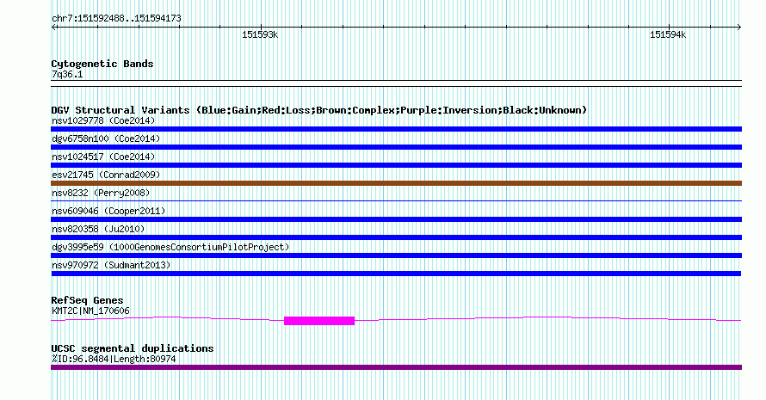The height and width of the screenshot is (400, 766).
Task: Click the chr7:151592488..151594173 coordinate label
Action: point(116,19)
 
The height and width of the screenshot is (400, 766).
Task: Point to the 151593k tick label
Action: point(260,34)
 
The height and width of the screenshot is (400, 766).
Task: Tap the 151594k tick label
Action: point(668,34)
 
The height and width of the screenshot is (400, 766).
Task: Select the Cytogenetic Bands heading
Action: point(102,64)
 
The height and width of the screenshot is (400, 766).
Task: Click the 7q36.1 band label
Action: point(67,74)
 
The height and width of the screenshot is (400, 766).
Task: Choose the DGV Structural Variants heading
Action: point(319,110)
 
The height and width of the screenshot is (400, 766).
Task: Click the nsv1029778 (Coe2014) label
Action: point(103,120)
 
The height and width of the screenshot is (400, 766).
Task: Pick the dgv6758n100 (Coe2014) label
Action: point(106,138)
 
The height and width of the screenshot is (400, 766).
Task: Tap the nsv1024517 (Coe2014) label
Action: point(103,157)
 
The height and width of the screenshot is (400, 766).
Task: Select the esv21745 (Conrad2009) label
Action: point(106,175)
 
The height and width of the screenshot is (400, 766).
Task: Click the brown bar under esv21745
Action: point(396,183)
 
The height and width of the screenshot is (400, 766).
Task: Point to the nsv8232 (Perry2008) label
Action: point(101,193)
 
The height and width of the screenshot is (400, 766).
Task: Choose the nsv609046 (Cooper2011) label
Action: point(108,211)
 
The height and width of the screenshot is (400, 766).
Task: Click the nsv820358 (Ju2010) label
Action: point(98,229)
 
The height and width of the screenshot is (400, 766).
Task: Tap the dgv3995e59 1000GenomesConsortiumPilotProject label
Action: point(170,247)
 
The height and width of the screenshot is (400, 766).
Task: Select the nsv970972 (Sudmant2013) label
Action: point(111,265)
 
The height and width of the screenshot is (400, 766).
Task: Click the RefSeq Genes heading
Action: point(87,300)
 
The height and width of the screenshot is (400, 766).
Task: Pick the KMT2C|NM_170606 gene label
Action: point(91,311)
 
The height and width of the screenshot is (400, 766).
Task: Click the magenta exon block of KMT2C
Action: point(319,321)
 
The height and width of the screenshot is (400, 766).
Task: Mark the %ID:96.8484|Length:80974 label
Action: point(114,359)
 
